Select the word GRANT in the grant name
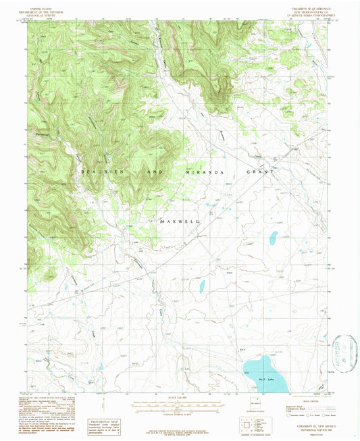(x=262, y=173)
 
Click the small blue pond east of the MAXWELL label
(x=273, y=238)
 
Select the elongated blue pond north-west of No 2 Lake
(x=201, y=286)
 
